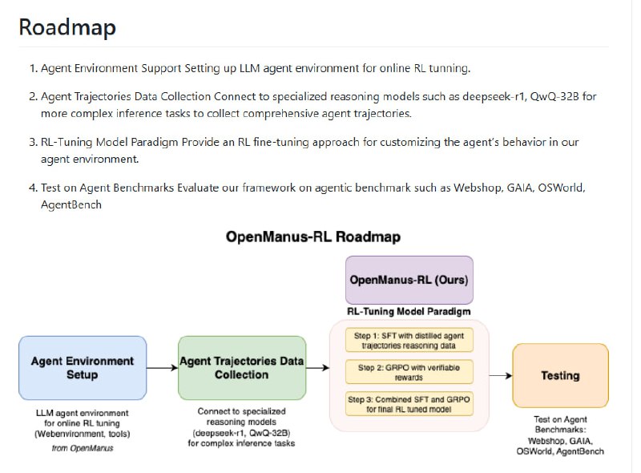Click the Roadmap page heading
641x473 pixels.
[67, 27]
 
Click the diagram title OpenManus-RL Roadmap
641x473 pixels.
[313, 237]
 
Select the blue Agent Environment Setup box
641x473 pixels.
[82, 368]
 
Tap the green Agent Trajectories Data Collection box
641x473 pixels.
[242, 368]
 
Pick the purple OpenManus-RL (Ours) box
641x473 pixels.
[409, 281]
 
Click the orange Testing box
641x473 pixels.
[560, 375]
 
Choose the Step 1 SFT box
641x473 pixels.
[409, 339]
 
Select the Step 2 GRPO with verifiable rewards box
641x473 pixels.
[409, 371]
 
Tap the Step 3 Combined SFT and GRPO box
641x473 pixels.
[409, 403]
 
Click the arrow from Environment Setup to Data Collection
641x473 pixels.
[162, 368]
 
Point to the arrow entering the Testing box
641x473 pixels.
[501, 375]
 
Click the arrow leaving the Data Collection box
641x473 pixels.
[318, 368]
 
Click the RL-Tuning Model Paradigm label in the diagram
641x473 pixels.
[409, 311]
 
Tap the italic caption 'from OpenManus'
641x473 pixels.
[82, 447]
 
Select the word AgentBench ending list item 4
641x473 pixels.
[71, 204]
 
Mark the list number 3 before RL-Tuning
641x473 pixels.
[33, 142]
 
